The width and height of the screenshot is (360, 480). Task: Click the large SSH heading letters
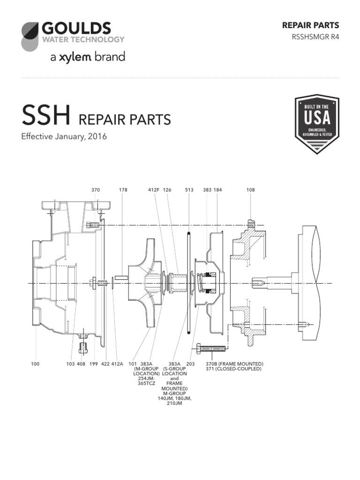click(45, 116)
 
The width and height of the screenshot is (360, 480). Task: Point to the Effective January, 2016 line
click(64, 137)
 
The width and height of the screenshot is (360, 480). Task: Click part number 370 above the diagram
click(96, 190)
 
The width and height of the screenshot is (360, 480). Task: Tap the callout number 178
click(123, 190)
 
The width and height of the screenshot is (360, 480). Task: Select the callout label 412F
click(154, 190)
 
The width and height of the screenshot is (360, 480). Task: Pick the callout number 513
click(189, 190)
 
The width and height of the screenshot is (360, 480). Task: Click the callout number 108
click(250, 190)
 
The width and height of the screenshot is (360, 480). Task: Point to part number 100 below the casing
click(36, 364)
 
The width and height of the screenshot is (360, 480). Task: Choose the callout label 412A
click(117, 364)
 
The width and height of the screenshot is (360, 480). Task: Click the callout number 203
click(190, 364)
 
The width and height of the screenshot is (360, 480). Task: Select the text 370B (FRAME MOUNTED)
click(234, 364)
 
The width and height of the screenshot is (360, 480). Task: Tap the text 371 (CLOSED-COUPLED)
click(233, 369)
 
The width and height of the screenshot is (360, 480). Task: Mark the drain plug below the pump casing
click(84, 346)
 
